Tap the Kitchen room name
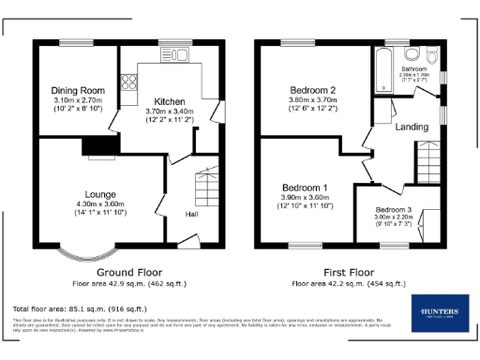pos(170,100)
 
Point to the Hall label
pos(191,215)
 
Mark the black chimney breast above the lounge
pos(95,144)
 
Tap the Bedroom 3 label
pos(393,209)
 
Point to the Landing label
pos(412,126)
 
